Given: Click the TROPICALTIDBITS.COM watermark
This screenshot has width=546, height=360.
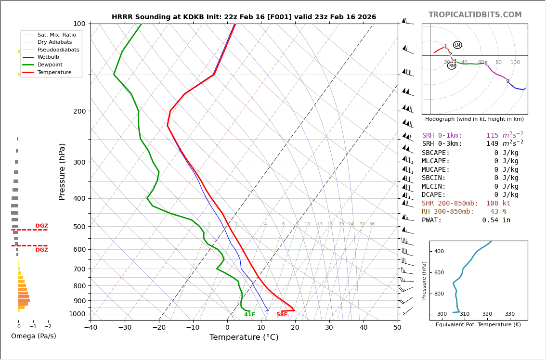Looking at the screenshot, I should click(475, 15).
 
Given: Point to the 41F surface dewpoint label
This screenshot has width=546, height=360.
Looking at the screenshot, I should click(249, 315).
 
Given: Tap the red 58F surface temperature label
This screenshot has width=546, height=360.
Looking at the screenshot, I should click(282, 315).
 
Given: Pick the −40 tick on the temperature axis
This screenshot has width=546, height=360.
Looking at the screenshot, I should click(91, 328).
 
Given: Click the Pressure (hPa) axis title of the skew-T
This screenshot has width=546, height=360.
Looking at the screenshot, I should click(62, 171).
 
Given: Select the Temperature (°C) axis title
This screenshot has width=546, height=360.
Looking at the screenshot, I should click(244, 337).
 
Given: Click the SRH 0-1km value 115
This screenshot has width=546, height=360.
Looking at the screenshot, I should click(492, 136).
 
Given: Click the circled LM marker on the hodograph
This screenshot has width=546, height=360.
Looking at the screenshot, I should click(457, 45).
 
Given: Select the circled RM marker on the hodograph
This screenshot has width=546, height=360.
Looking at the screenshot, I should click(452, 65).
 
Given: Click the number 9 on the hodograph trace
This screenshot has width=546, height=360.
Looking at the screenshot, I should click(507, 81).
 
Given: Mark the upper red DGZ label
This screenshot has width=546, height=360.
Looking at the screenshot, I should click(42, 226).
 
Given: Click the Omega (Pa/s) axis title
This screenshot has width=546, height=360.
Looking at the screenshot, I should click(34, 336).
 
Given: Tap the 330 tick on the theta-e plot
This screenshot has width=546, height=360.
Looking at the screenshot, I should click(509, 314).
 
